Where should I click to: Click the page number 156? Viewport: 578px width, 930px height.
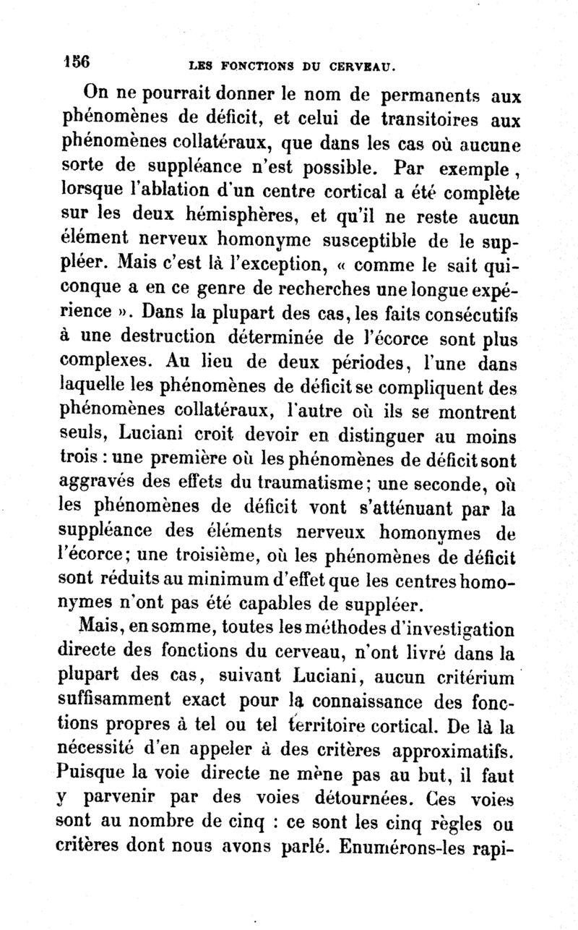[x=76, y=61]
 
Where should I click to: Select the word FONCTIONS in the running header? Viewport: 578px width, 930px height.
[x=249, y=69]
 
